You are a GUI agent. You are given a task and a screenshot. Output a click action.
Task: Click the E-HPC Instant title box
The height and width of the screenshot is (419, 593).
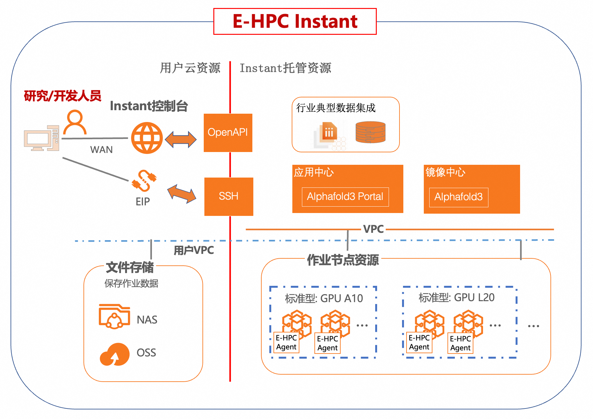(295, 21)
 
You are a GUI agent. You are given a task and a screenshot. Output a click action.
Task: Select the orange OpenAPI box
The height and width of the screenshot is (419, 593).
(228, 133)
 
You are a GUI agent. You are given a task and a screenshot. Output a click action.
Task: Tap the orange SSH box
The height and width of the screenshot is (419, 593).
(229, 196)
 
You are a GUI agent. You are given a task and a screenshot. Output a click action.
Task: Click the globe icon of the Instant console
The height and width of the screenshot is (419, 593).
(147, 138)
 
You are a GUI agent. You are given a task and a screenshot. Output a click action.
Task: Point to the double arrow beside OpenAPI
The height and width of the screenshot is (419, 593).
(181, 139)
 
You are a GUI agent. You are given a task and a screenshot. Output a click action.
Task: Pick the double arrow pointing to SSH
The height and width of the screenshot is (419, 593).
(182, 194)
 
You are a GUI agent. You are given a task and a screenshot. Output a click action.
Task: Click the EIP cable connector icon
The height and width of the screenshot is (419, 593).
(144, 180)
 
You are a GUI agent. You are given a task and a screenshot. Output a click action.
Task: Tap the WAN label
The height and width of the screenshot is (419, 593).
(101, 150)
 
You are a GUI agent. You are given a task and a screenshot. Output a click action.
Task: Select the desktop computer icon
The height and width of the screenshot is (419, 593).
(42, 138)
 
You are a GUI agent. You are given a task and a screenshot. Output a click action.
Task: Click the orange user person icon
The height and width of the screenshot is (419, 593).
(75, 122)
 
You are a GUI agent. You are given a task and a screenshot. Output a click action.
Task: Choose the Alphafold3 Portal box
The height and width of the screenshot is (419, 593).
(345, 197)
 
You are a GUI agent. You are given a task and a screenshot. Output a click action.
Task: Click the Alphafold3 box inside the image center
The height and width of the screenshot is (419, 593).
(458, 197)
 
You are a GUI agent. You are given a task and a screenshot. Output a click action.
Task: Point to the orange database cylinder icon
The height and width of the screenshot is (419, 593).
(370, 132)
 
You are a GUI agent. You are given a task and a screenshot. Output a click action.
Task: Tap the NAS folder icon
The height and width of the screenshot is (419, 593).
(115, 316)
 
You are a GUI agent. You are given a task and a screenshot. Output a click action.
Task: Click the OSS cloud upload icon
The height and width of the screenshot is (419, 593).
(115, 354)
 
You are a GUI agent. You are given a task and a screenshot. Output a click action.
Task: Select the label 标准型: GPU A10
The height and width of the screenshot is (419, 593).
(324, 299)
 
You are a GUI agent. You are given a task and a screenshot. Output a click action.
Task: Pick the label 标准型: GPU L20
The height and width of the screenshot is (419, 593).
(457, 298)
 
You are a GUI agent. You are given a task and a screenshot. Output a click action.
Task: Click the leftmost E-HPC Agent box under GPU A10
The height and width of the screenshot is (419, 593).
(287, 342)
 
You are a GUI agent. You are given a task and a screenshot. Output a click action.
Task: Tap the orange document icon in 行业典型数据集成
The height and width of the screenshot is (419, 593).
(329, 131)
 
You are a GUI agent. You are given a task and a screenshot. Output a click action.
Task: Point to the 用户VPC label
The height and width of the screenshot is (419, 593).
(194, 250)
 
